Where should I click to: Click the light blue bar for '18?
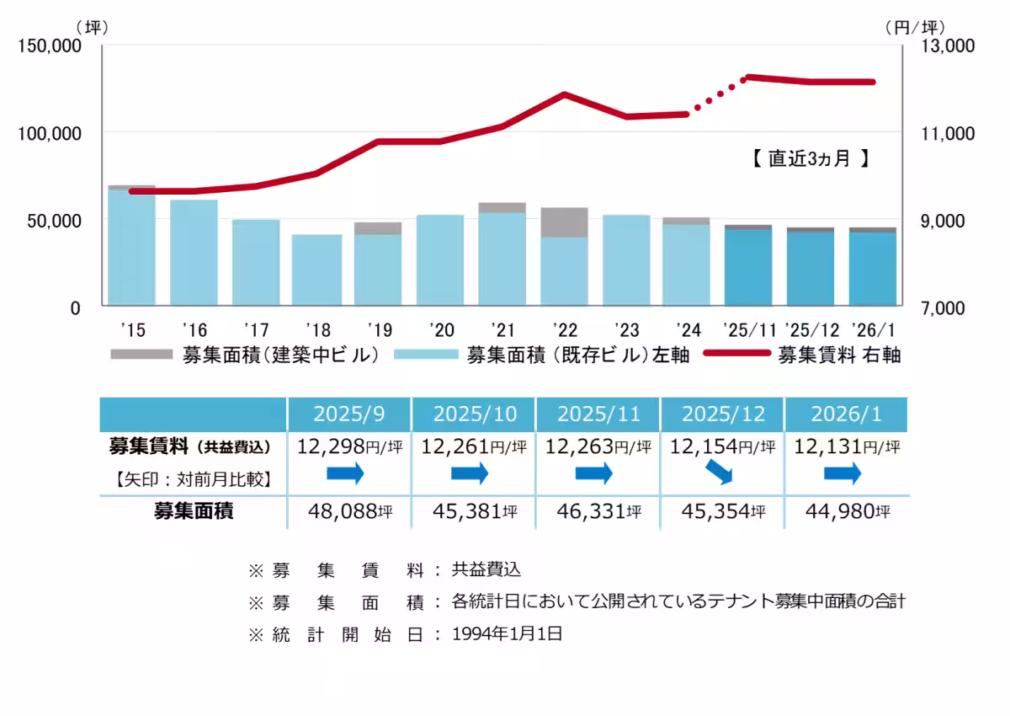[x=317, y=270]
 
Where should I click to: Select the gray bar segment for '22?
[x=564, y=222]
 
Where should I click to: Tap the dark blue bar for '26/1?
[x=872, y=269]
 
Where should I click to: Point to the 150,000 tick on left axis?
[x=49, y=46]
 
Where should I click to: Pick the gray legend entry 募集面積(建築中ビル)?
[x=244, y=355]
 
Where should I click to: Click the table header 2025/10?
[x=474, y=414]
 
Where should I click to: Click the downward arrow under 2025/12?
[x=720, y=475]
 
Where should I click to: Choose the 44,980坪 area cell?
[x=844, y=511]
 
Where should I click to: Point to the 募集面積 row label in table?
[x=193, y=511]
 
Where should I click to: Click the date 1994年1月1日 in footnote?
[x=507, y=634]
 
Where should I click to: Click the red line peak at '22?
[x=565, y=95]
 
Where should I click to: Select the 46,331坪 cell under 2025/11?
[x=598, y=511]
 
